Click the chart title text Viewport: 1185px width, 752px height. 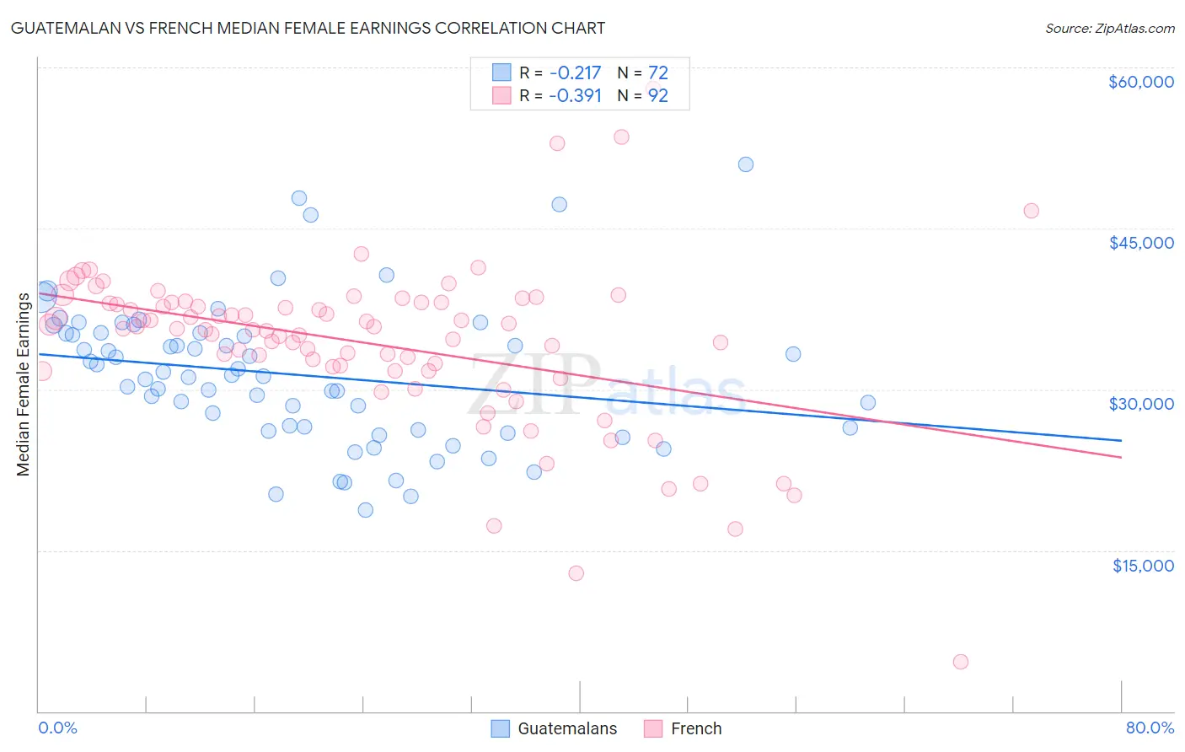[x=308, y=28]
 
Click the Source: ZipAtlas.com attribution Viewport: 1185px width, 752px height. [x=1109, y=28]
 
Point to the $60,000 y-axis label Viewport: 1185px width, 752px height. [x=1140, y=82]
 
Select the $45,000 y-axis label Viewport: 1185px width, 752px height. [x=1140, y=243]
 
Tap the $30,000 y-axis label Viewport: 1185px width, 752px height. [x=1140, y=404]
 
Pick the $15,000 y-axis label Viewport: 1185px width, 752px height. [x=1142, y=566]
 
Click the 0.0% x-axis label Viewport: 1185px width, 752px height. [x=57, y=728]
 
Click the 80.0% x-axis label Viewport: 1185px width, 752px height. [x=1150, y=728]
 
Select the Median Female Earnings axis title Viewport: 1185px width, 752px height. [x=24, y=384]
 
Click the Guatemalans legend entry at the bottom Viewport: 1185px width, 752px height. [x=566, y=728]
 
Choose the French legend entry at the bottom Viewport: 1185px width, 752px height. [x=695, y=728]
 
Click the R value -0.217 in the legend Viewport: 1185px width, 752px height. [x=575, y=73]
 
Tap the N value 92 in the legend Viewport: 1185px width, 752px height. [x=657, y=95]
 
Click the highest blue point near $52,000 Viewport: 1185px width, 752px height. [x=746, y=164]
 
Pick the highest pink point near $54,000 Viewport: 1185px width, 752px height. [x=621, y=137]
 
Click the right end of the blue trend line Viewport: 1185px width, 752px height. [x=1121, y=440]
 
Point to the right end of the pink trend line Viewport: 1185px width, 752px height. [x=1121, y=457]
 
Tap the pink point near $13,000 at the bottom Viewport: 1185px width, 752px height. [x=576, y=573]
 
